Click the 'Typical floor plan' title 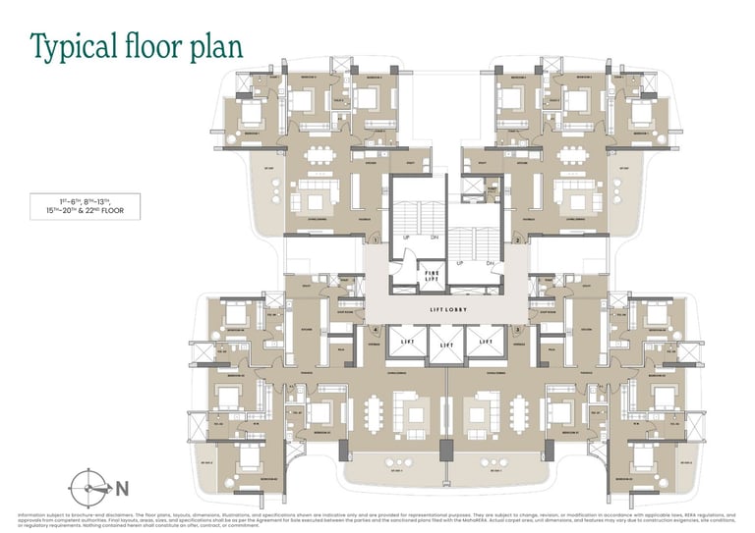click(x=136, y=46)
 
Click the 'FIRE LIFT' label click(x=431, y=275)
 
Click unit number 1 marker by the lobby click(x=376, y=240)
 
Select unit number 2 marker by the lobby click(x=517, y=240)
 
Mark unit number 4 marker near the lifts click(x=376, y=330)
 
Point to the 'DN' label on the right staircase click(x=489, y=263)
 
